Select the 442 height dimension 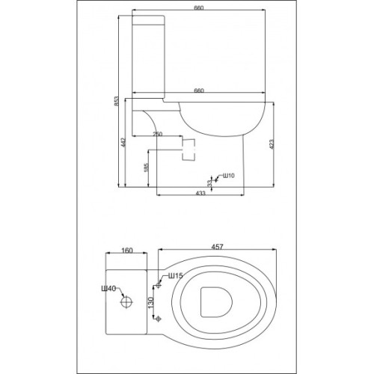pos(123,142)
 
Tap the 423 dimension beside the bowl pos(272,144)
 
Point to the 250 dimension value pos(157,134)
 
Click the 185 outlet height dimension pos(147,168)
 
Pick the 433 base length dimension pos(200,193)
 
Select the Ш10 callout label pos(228,176)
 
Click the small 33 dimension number pos(209,183)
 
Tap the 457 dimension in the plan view pos(217,247)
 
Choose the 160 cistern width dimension pos(127,251)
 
